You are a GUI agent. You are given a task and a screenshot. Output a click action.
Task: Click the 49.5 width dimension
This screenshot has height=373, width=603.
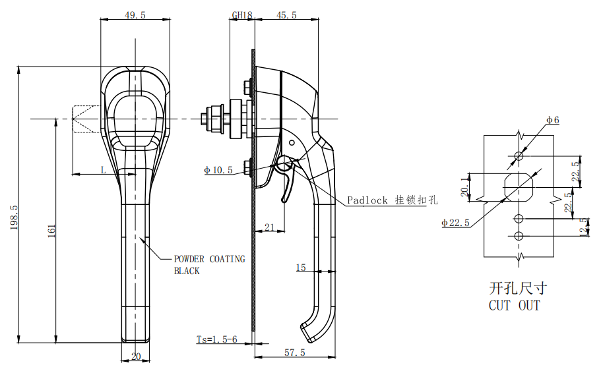point(135,15)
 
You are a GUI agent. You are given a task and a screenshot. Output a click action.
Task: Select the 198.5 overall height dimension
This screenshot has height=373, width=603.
point(15,217)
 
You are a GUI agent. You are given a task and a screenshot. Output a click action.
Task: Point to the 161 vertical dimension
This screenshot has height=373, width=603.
point(51,231)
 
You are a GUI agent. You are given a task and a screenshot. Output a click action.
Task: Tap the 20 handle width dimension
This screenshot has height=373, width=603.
point(136,357)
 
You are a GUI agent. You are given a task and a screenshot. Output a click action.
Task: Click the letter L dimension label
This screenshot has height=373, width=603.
point(103,170)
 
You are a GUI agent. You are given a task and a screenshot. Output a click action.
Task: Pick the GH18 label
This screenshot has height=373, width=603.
point(242,15)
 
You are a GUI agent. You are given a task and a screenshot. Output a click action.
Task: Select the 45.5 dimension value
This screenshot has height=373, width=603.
point(286,15)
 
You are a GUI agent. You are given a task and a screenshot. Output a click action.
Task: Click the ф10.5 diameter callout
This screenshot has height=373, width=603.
point(218,170)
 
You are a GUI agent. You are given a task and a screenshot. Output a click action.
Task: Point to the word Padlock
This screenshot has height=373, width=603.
point(367,200)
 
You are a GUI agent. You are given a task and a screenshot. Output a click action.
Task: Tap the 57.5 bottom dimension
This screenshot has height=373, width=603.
point(295,353)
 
